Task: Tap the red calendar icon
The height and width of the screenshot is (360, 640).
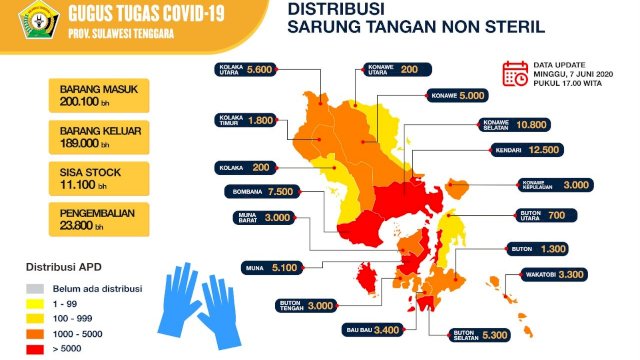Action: pyautogui.click(x=515, y=73)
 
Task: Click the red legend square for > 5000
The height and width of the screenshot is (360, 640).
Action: pyautogui.click(x=33, y=349)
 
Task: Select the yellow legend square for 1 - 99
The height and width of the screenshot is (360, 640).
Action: pyautogui.click(x=33, y=301)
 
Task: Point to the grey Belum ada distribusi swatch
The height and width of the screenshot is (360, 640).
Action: pyautogui.click(x=33, y=285)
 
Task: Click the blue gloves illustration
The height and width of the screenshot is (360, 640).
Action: pyautogui.click(x=196, y=298)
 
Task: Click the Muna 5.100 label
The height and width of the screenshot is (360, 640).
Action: pyautogui.click(x=270, y=267)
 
